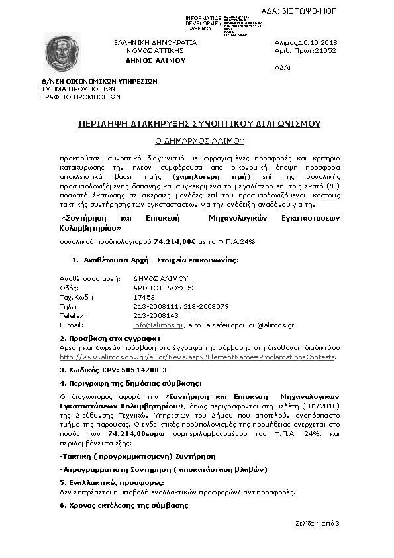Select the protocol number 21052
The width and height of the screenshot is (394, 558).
coord(325,50)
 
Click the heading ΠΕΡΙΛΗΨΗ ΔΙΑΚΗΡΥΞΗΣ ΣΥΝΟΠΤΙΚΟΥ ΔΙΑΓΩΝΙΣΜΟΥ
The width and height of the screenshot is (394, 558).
coord(199,123)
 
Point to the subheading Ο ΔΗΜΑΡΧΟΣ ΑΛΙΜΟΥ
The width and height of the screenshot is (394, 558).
coord(199,140)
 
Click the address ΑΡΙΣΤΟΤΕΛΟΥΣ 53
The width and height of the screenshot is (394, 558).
coord(164,288)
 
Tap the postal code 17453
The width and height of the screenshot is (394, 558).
coord(143,298)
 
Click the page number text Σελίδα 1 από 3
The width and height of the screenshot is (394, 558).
coord(317,524)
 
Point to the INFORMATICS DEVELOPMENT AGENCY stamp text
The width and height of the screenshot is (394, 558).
coord(203,23)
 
